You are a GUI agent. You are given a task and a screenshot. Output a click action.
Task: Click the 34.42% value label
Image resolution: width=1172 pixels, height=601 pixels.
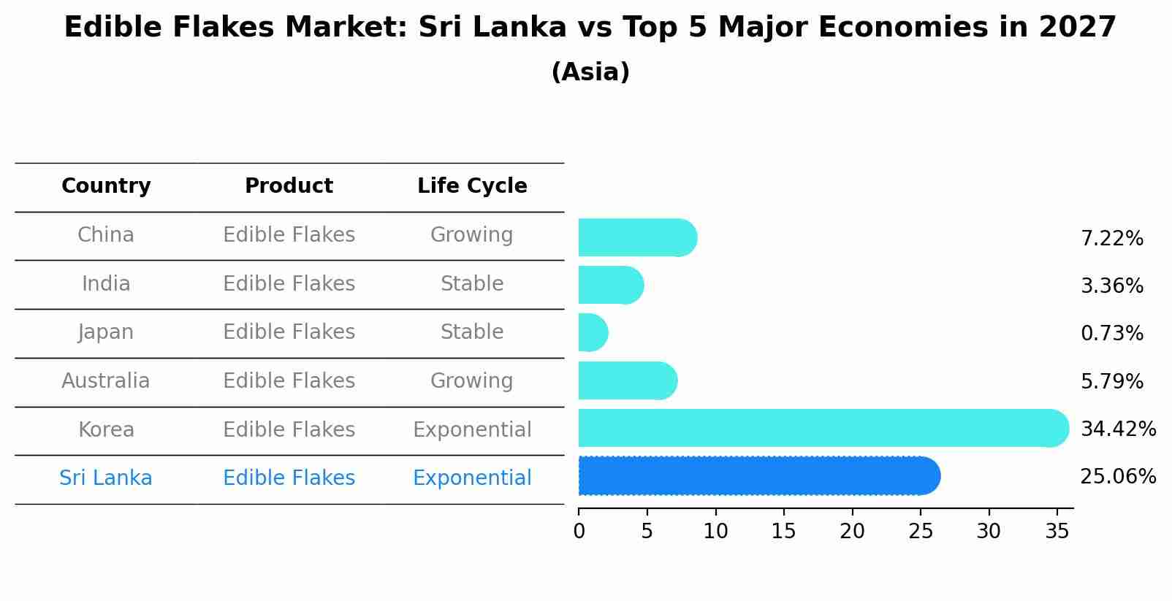click(1117, 429)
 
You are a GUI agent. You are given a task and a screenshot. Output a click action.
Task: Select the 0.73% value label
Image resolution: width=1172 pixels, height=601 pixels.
click(1111, 334)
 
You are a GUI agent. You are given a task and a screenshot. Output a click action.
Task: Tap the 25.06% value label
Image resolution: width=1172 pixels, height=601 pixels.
click(1117, 477)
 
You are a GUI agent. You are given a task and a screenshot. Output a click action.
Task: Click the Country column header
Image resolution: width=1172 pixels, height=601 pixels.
click(106, 186)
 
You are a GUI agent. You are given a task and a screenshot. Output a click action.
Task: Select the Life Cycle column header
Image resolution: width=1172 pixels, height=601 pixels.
click(472, 186)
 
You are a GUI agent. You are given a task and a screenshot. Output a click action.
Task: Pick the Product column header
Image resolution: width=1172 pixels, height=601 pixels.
click(289, 186)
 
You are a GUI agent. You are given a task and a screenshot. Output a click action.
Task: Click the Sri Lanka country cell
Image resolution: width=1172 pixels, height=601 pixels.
click(106, 478)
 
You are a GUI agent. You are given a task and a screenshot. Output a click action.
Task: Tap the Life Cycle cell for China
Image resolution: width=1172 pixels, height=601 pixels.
click(471, 235)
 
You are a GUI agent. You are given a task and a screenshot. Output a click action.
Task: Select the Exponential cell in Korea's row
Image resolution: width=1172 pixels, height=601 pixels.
click(471, 430)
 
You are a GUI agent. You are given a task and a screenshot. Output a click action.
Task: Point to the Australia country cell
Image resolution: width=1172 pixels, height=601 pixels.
click(106, 381)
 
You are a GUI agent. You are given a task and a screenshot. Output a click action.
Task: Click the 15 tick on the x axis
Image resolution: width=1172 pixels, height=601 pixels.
click(783, 532)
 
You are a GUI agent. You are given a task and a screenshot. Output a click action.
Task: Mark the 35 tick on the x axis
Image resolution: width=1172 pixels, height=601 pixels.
click(1057, 532)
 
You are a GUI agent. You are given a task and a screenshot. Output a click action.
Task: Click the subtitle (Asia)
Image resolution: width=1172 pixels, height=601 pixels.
click(590, 72)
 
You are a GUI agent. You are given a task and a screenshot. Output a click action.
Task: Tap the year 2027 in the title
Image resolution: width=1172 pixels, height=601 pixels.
click(1077, 28)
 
